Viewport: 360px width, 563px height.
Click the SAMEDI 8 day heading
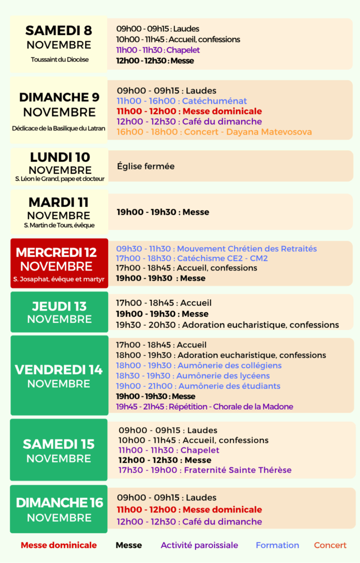(59, 30)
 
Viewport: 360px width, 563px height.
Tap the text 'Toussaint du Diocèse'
(59, 59)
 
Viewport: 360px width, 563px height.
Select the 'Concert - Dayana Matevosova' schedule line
(214, 132)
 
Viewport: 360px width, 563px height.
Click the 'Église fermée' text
(146, 165)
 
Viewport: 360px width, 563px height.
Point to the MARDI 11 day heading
(59, 202)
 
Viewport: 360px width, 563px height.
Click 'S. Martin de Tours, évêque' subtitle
(59, 225)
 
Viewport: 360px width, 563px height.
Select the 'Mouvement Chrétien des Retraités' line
(217, 249)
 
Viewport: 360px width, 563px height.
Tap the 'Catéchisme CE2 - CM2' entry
(192, 258)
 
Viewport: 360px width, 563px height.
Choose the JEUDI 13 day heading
(59, 306)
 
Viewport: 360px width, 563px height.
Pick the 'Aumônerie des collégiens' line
(198, 366)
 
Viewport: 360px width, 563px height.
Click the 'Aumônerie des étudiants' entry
(198, 386)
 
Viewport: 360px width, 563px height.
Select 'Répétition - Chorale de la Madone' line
(204, 407)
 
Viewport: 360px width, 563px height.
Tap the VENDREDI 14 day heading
(59, 370)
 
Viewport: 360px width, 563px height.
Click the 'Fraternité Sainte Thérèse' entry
(205, 470)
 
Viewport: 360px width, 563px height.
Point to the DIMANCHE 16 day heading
(59, 503)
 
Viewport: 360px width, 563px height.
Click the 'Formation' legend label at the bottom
(278, 545)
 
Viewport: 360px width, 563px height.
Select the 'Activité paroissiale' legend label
(200, 545)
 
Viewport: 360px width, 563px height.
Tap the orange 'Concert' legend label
(330, 545)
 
